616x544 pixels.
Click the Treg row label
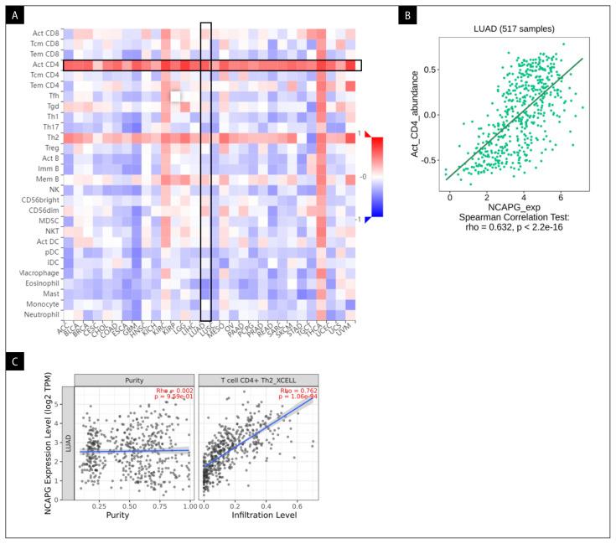(49, 148)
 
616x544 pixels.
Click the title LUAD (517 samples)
(514, 30)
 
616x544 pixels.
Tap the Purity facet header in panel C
(134, 378)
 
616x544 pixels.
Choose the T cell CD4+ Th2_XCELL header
(257, 378)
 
